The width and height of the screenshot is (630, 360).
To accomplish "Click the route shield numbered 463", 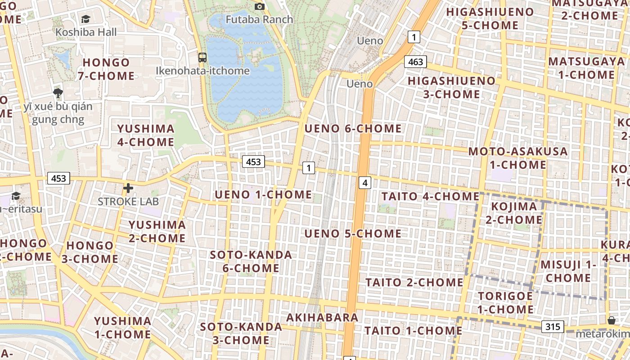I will coord(415,62).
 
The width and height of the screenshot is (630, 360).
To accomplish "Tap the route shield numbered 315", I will coord(553,326).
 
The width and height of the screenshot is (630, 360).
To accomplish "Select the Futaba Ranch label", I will coord(259,19).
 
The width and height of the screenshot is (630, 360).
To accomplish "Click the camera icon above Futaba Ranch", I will coord(259,6).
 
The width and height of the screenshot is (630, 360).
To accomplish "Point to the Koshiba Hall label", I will coord(86,32).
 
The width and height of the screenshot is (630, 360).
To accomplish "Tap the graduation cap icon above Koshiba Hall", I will coord(85,19).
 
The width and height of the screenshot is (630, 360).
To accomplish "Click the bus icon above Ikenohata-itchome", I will coord(202,58).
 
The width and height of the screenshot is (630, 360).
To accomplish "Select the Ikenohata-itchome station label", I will coord(202,71).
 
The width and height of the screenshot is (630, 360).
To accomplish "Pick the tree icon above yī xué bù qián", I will coord(58,94).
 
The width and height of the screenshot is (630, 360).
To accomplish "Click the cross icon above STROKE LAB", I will coord(128,188).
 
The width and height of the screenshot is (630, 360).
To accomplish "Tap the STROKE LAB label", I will coord(128,201).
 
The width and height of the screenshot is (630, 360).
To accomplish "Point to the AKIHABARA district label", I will coord(322,317).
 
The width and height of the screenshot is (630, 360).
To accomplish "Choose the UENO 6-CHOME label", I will coord(353,129).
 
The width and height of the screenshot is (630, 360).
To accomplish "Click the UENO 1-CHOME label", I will coord(263,194).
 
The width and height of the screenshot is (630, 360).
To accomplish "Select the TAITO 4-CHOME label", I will coord(431,196).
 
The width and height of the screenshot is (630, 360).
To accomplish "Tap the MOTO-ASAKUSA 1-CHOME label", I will coord(518,158).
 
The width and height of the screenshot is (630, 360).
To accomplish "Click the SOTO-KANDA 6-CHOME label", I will coord(251,261).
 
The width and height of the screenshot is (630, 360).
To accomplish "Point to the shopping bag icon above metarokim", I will coord(611,320).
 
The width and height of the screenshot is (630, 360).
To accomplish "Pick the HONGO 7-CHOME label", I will coord(106,69).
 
